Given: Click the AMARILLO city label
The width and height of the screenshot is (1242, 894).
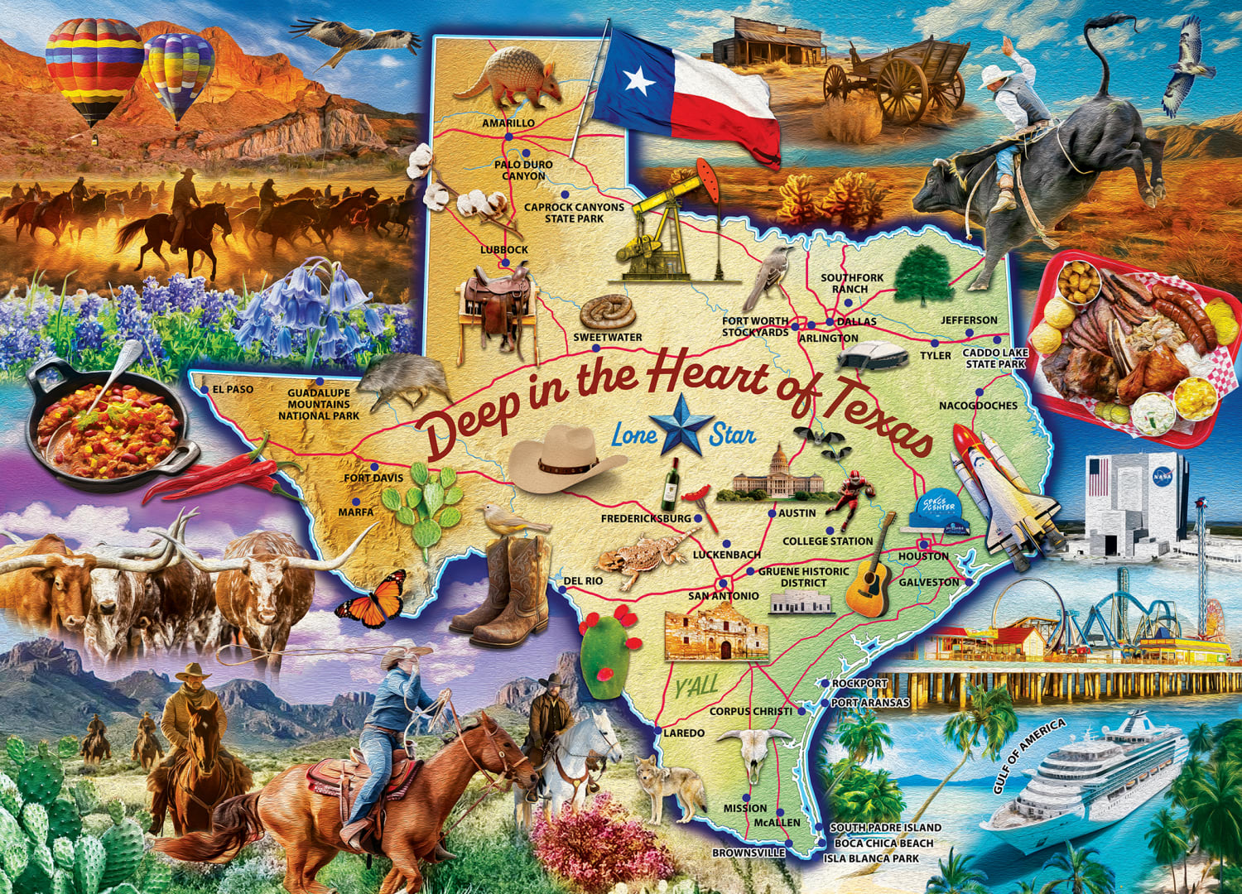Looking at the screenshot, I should pos(508,123).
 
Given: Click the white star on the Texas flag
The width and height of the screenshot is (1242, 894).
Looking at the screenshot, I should pos(639,80).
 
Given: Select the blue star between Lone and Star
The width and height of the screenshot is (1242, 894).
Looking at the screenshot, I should pos(681,424).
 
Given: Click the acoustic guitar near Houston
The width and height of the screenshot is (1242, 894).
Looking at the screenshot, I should pos(869,571).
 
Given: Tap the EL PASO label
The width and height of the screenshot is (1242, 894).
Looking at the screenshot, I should pos(233,389).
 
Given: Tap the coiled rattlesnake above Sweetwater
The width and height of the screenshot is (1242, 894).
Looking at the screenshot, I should pos(607,313).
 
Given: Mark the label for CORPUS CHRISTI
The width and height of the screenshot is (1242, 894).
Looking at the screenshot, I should pos(751,711).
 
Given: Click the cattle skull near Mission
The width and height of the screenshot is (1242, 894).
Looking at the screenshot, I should pos(753,752).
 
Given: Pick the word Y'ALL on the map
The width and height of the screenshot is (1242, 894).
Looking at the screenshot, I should pos(696,687).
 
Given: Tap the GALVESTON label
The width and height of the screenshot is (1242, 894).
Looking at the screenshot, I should pos(929,582).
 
